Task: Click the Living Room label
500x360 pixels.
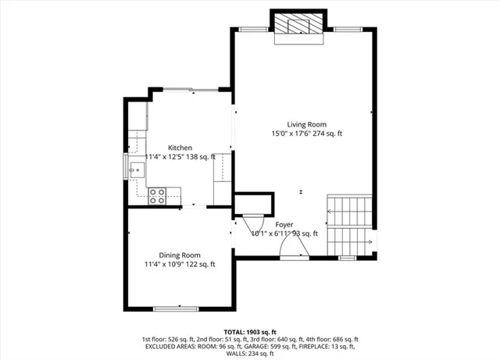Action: (306, 124)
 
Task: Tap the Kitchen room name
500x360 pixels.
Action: (180, 148)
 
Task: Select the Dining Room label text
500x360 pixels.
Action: (180, 255)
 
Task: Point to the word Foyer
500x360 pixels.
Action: (284, 224)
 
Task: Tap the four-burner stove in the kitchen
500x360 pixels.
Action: (157, 195)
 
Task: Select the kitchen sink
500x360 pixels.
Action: (130, 166)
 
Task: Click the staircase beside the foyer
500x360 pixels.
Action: (348, 223)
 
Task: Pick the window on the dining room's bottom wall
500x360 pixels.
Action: (179, 308)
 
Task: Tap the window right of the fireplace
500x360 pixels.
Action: (345, 29)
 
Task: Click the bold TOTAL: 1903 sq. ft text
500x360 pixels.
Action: (250, 330)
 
